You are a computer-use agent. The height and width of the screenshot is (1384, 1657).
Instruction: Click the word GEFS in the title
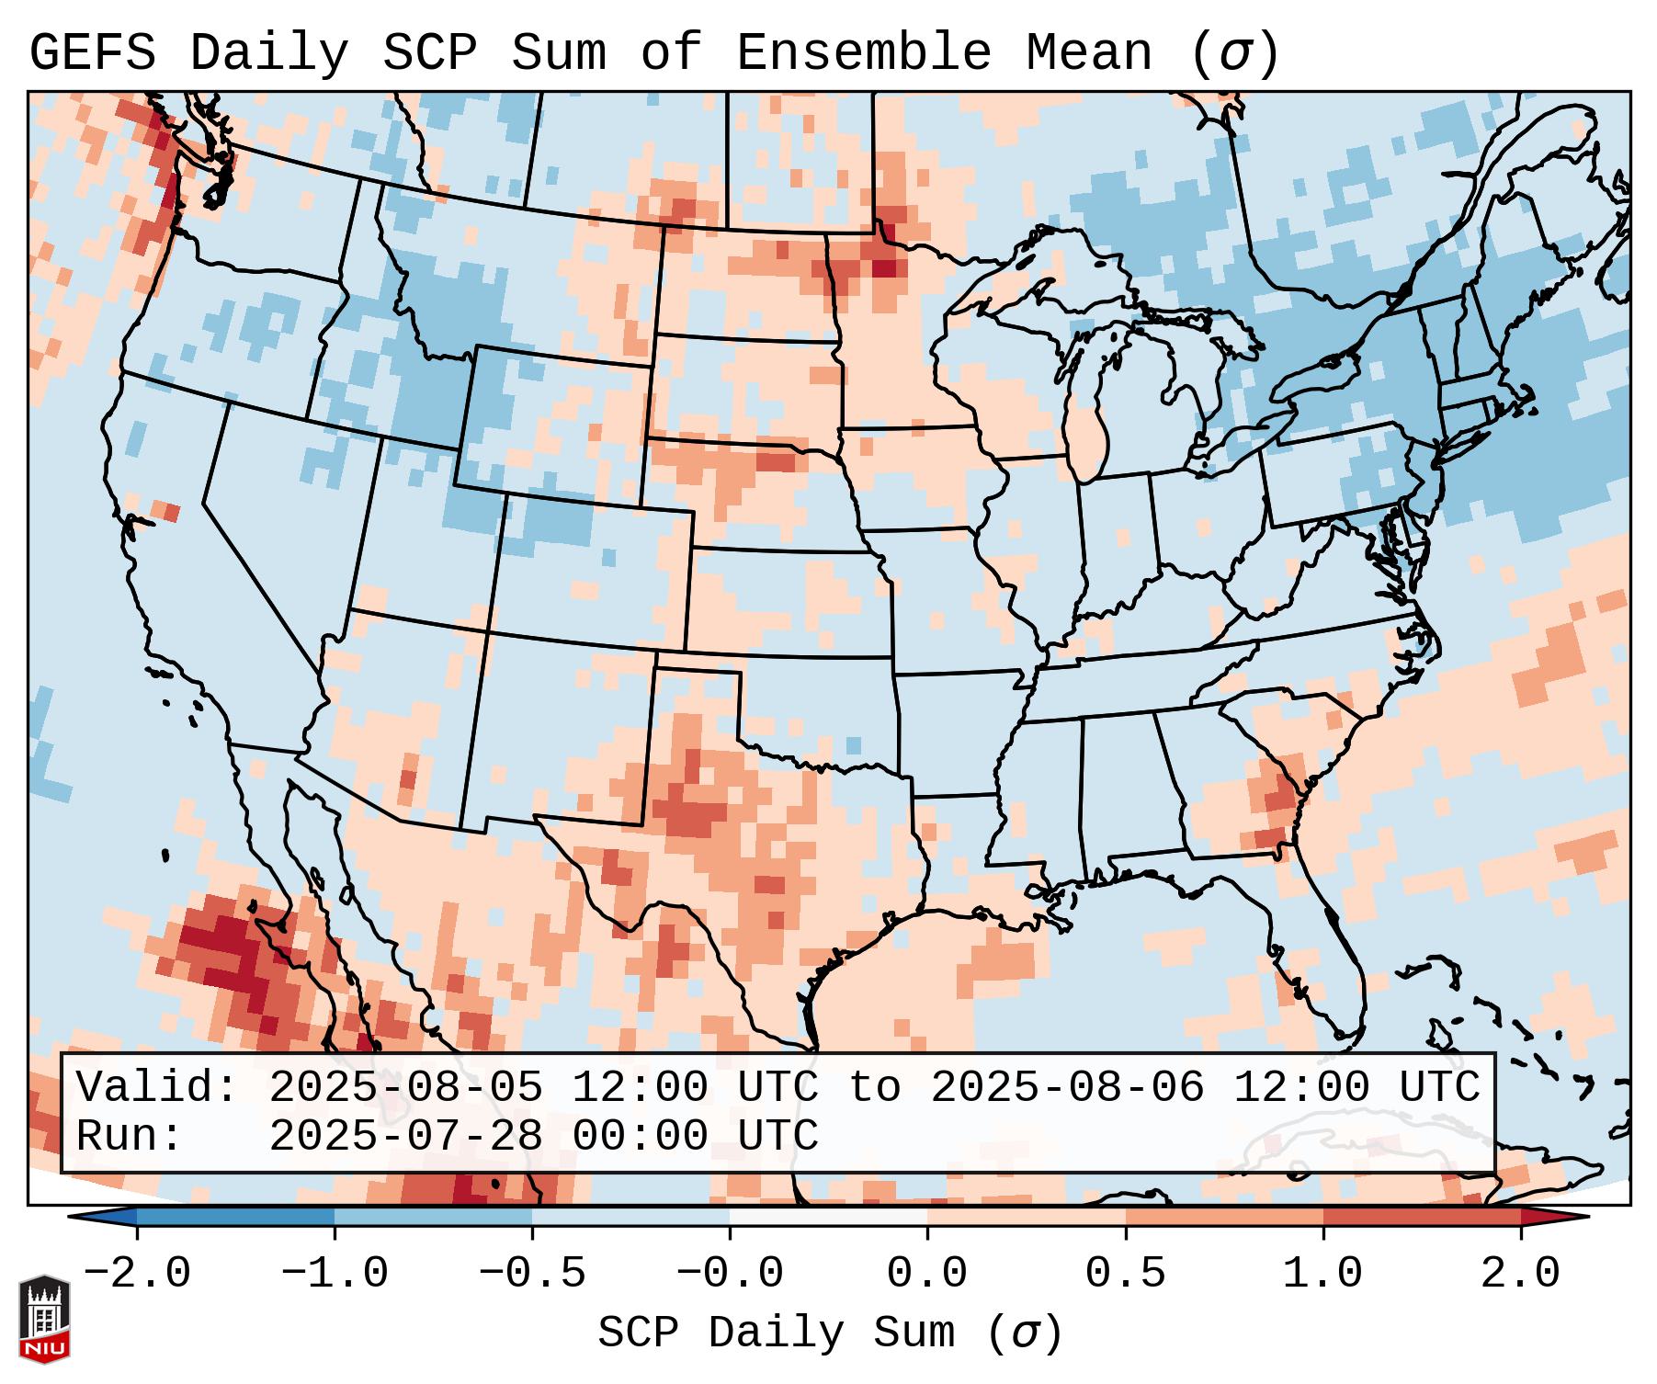tap(92, 53)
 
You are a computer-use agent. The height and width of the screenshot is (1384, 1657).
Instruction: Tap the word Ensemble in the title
tap(864, 53)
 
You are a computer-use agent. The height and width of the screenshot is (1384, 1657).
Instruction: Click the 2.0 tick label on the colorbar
tap(1520, 1274)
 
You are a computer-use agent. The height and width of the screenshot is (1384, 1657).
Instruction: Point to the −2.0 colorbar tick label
tap(137, 1274)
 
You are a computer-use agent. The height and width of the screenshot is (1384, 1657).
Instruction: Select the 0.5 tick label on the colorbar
tap(1125, 1274)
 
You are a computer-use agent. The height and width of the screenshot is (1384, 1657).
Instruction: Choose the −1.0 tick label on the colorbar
tap(335, 1274)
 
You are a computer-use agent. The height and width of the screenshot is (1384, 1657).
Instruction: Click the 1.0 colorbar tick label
tap(1322, 1274)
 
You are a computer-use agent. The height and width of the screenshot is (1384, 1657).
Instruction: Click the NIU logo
tap(44, 1318)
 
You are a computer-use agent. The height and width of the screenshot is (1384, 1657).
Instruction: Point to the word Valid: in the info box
tap(156, 1087)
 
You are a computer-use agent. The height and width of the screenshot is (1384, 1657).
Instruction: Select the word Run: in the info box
tap(130, 1136)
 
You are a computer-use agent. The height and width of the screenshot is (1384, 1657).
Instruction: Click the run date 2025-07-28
tap(405, 1136)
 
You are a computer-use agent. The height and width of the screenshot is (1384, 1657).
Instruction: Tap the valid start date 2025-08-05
tap(405, 1087)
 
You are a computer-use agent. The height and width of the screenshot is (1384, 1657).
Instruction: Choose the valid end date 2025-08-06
tap(1067, 1087)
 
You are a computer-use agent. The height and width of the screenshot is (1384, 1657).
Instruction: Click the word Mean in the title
tap(1088, 53)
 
